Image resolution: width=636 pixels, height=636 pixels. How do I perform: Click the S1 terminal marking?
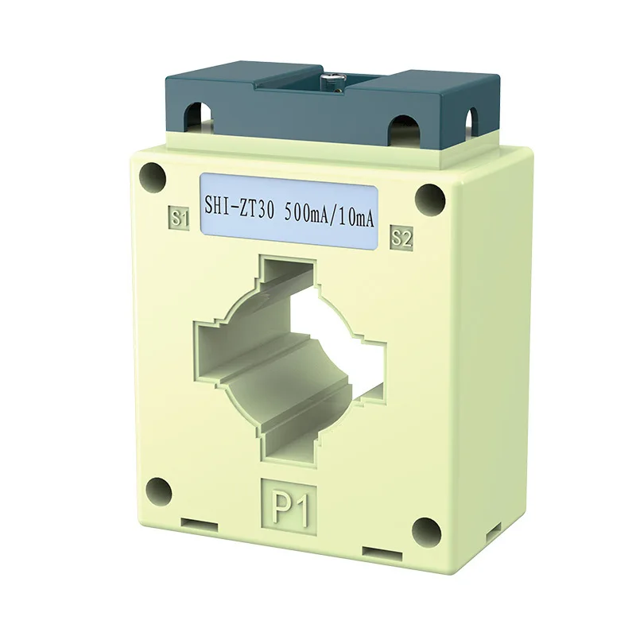coord(180,218)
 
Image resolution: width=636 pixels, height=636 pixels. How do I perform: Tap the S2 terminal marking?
coord(401,236)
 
